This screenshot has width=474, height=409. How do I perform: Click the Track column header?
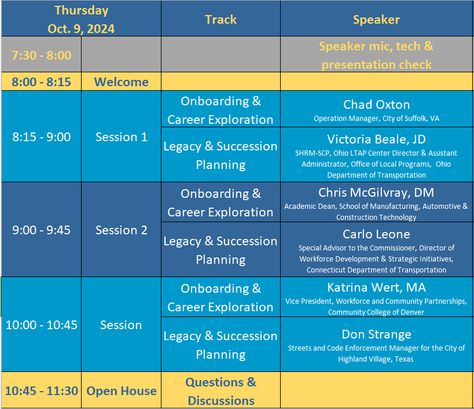click(x=221, y=20)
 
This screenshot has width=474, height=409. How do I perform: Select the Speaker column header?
click(x=376, y=20)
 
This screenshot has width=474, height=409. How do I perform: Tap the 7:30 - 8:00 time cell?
click(x=42, y=56)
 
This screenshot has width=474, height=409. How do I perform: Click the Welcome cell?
click(x=121, y=82)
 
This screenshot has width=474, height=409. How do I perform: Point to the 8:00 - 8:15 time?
click(x=42, y=82)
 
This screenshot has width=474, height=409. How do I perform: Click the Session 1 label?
click(x=121, y=137)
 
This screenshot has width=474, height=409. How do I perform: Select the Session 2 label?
click(x=121, y=230)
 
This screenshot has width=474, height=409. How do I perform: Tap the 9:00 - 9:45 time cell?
click(x=42, y=230)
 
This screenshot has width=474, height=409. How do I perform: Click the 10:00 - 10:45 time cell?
click(x=42, y=325)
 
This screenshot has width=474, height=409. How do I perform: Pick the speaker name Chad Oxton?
click(x=376, y=105)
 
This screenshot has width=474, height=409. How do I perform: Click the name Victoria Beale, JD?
click(x=376, y=139)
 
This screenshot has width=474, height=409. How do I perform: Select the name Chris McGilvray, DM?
click(x=376, y=193)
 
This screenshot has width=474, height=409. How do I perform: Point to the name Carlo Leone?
click(x=376, y=234)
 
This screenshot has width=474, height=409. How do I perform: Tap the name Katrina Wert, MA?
click(x=376, y=288)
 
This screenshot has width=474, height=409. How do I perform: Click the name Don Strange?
click(x=376, y=334)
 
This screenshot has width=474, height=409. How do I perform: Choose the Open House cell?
click(x=121, y=391)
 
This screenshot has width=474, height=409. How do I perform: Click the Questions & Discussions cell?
click(x=221, y=391)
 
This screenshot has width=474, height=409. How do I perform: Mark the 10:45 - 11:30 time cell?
click(x=42, y=391)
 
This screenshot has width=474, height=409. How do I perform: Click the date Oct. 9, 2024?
click(x=81, y=29)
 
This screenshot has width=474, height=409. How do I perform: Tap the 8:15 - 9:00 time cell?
click(x=42, y=137)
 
